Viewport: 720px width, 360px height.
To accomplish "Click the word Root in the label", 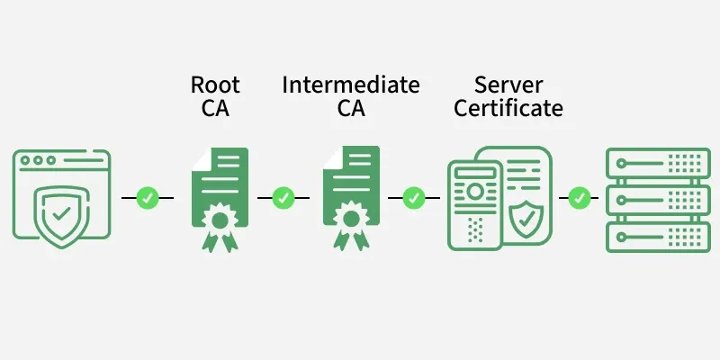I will (215, 85).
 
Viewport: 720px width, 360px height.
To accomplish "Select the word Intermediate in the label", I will (350, 85).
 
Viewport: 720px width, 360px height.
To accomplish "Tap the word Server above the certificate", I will (508, 85).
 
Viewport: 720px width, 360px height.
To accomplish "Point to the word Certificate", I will (508, 109).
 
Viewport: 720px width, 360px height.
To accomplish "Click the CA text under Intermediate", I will (350, 109).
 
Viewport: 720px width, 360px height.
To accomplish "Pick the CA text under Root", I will (215, 109).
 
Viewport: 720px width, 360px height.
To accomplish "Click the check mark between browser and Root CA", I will (148, 197).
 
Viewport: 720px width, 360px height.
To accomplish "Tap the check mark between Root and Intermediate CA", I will (283, 197).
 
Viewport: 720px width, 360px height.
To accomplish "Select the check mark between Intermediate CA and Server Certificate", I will (414, 197).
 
